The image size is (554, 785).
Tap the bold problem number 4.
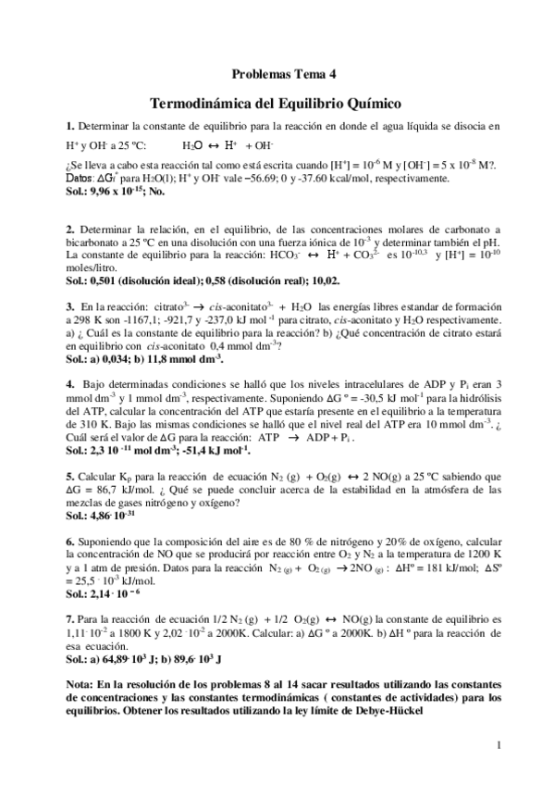[69, 381]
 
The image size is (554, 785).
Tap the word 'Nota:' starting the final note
[80, 686]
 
